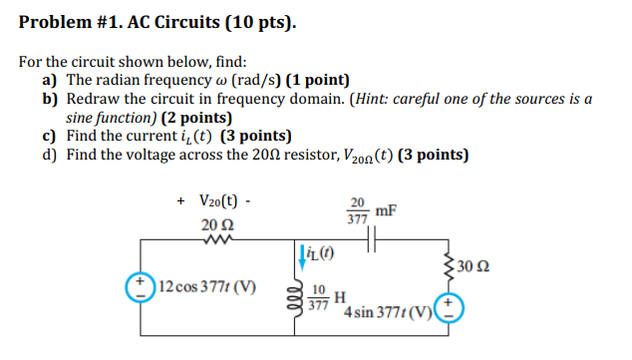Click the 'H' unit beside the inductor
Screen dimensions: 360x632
click(340, 297)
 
